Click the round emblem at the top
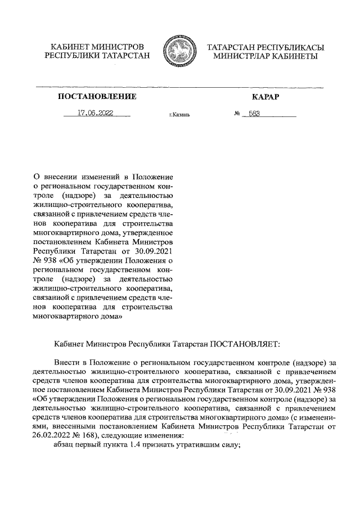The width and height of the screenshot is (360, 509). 179,52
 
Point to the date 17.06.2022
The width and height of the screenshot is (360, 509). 96,112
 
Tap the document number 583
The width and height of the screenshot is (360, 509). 255,113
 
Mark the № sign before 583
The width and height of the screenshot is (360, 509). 237,113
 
